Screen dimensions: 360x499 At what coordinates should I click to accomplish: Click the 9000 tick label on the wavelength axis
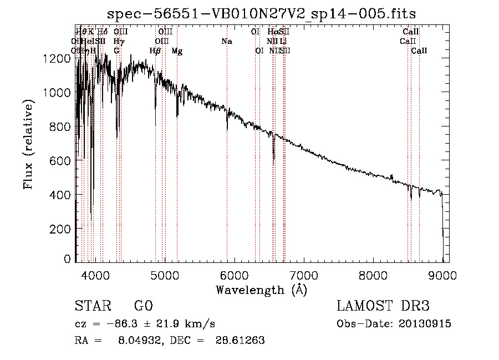(x=442, y=275)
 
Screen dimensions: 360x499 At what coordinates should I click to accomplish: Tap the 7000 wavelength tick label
(x=303, y=275)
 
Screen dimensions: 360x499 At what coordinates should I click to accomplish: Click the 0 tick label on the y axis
(x=67, y=259)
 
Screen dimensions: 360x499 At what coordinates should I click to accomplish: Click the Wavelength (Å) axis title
(x=261, y=290)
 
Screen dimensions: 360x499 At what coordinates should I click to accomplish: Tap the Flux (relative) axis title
(x=28, y=144)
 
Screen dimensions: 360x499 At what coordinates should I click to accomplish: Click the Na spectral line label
(x=226, y=41)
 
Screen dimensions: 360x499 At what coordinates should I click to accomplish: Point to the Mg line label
(x=177, y=51)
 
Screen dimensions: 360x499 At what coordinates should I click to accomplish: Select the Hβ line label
(x=155, y=51)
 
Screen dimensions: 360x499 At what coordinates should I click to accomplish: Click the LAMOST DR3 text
(x=383, y=306)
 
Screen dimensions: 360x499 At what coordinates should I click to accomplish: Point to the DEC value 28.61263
(x=240, y=341)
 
